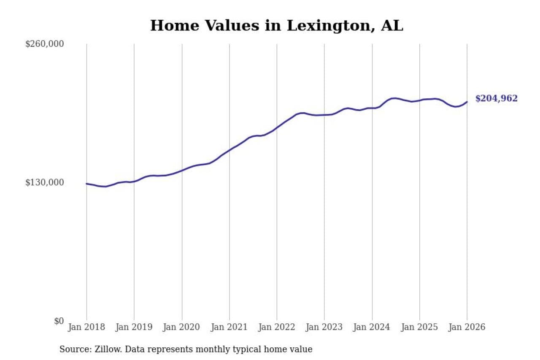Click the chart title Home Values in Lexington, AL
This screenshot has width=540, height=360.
(276, 26)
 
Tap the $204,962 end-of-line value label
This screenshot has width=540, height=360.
(496, 99)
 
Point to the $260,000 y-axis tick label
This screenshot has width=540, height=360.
(44, 44)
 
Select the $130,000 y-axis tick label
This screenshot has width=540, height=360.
(44, 182)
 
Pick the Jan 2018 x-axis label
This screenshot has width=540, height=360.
(86, 328)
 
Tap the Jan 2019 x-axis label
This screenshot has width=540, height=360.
(134, 328)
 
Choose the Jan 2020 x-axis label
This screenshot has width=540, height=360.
(182, 328)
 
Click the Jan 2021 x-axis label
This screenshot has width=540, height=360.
(229, 328)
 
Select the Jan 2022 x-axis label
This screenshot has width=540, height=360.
(277, 328)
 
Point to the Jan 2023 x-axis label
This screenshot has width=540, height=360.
(324, 328)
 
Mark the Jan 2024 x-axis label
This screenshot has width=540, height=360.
(372, 328)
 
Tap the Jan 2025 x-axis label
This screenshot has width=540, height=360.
(419, 328)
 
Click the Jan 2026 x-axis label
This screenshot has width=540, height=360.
(467, 328)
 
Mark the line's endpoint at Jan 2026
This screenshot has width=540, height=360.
(467, 102)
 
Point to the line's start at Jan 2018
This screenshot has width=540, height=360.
(86, 184)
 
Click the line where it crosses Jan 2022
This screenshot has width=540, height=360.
(277, 127)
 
